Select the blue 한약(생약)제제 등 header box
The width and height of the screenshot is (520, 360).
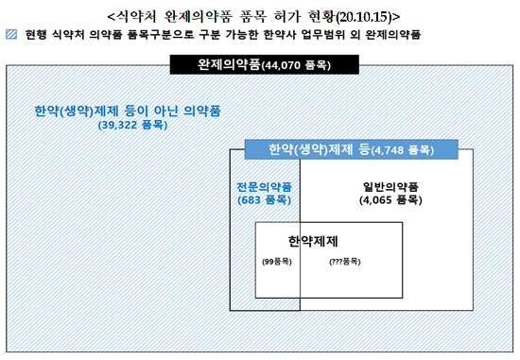(350, 149)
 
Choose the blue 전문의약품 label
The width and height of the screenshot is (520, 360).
(264, 185)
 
